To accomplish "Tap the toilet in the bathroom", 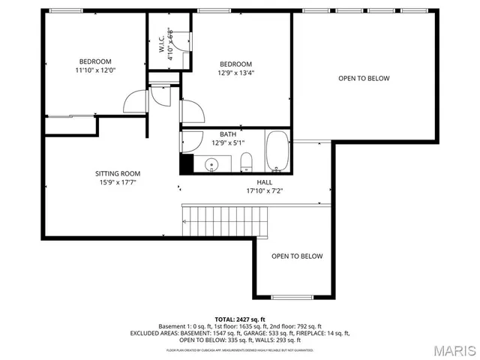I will pyautogui.click(x=245, y=161).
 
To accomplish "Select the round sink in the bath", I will pyautogui.click(x=211, y=163).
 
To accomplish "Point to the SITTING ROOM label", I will pyautogui.click(x=117, y=173).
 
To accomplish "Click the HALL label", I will pyautogui.click(x=265, y=182).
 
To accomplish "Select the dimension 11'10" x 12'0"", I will pyautogui.click(x=94, y=70).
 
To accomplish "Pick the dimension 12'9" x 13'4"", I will pyautogui.click(x=235, y=73).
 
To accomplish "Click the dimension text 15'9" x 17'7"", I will pyautogui.click(x=117, y=182).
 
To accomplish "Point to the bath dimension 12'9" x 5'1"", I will pyautogui.click(x=228, y=143).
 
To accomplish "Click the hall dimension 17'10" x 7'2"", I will pyautogui.click(x=265, y=190).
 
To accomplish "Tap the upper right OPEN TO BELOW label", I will pyautogui.click(x=364, y=79).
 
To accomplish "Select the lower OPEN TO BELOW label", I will pyautogui.click(x=297, y=256).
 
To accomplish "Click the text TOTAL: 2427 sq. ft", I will pyautogui.click(x=240, y=319).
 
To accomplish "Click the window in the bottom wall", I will pyautogui.click(x=292, y=298).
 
